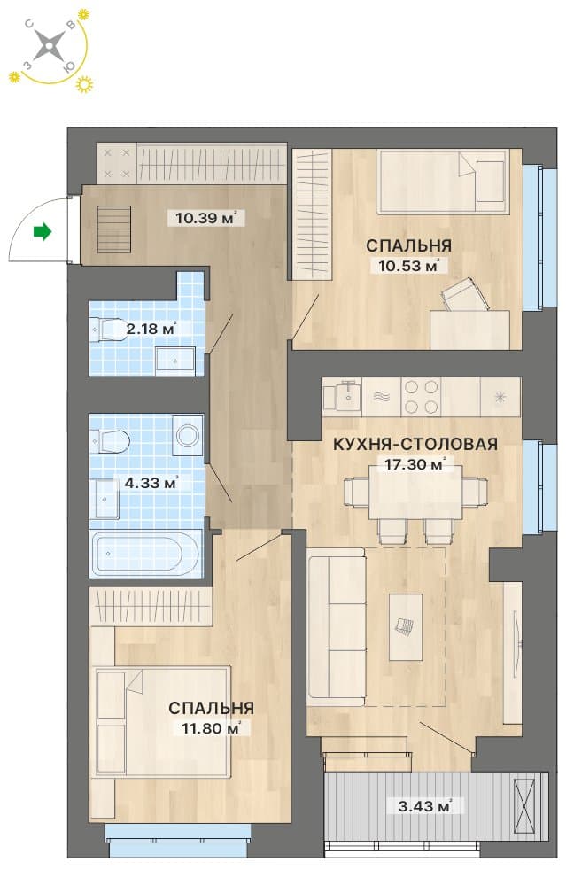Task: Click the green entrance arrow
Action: pos(43,231)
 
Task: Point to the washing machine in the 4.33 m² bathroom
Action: pos(188,436)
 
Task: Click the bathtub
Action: pos(146,554)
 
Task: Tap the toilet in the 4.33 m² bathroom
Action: pos(110,441)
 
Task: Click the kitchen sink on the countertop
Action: pos(342,396)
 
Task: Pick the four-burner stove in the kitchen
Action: pos(421,397)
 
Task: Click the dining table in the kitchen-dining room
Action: pos(415,492)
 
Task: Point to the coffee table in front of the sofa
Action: pos(406,626)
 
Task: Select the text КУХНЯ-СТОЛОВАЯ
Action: pos(415,444)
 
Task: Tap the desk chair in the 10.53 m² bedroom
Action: pos(465,296)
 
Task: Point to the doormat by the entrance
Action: pos(114,229)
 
